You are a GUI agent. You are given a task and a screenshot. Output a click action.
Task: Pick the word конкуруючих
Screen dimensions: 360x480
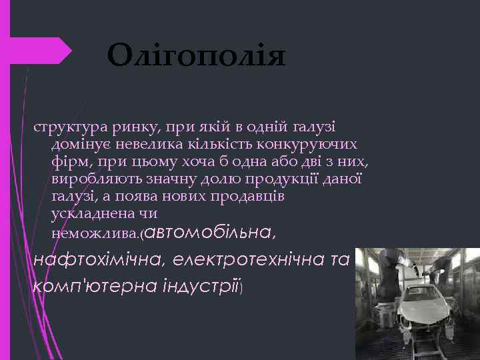[308, 145]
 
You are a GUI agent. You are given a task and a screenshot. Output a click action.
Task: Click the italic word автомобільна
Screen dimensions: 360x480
[207, 232]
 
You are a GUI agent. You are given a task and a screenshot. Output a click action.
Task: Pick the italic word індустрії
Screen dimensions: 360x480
[198, 285]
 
